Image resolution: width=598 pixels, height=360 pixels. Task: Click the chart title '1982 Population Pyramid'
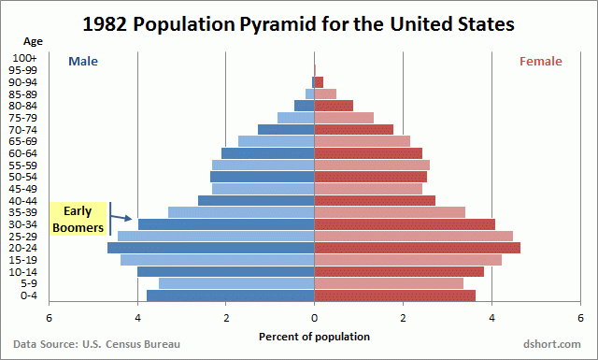(x=299, y=25)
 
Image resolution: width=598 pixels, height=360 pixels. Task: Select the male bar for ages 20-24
(x=211, y=248)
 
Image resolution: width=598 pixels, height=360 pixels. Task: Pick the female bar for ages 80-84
(x=334, y=106)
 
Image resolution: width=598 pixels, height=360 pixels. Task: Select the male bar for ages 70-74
(x=286, y=130)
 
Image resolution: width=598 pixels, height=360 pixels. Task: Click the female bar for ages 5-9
(x=389, y=283)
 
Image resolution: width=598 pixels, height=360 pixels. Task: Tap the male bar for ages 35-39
(x=241, y=212)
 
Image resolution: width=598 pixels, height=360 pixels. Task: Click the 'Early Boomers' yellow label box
(x=78, y=219)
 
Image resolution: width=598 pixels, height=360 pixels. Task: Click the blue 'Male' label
(x=82, y=62)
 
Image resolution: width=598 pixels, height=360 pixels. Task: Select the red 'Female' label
(x=541, y=62)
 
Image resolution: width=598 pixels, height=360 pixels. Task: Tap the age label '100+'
(x=25, y=58)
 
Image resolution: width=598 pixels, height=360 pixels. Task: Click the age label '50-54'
(x=25, y=177)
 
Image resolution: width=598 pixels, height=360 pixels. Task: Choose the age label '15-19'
(x=25, y=260)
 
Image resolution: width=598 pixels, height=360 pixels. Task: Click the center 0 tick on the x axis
(x=315, y=317)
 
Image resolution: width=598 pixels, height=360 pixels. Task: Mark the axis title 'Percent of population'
(x=314, y=337)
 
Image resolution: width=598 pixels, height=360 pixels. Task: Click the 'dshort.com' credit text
(x=551, y=345)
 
